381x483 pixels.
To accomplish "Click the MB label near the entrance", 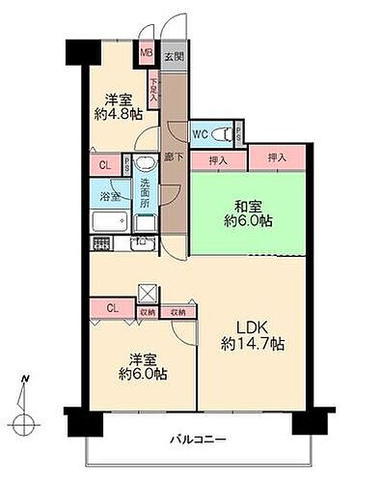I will pos(147,55).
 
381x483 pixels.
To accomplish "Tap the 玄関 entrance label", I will pos(171,56).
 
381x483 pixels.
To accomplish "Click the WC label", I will pos(199,134).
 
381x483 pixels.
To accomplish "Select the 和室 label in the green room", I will pos(248,204).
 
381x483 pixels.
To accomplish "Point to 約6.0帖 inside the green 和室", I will pos(248,220).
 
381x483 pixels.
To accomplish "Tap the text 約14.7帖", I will pos(250,342).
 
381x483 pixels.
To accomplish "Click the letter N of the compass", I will pos(28,378).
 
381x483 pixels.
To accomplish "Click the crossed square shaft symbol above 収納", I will pos(148,293).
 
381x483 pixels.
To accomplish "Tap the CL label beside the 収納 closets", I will pos(112,309).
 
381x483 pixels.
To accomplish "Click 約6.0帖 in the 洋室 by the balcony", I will pos(144,372).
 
